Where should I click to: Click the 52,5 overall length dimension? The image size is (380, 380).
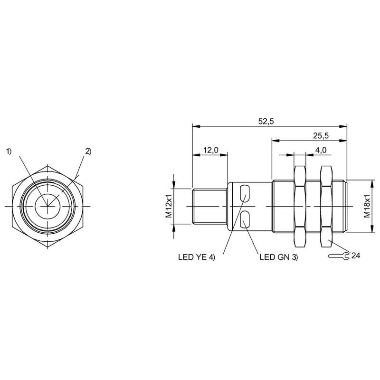[266, 121]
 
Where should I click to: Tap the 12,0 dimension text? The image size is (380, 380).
[210, 150]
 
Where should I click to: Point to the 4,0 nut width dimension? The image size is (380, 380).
[321, 150]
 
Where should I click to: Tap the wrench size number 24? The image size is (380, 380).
[356, 256]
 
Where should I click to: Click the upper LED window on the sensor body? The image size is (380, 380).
[246, 192]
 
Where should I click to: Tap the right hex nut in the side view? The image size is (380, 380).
[326, 206]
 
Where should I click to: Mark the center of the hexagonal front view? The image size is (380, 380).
[48, 206]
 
